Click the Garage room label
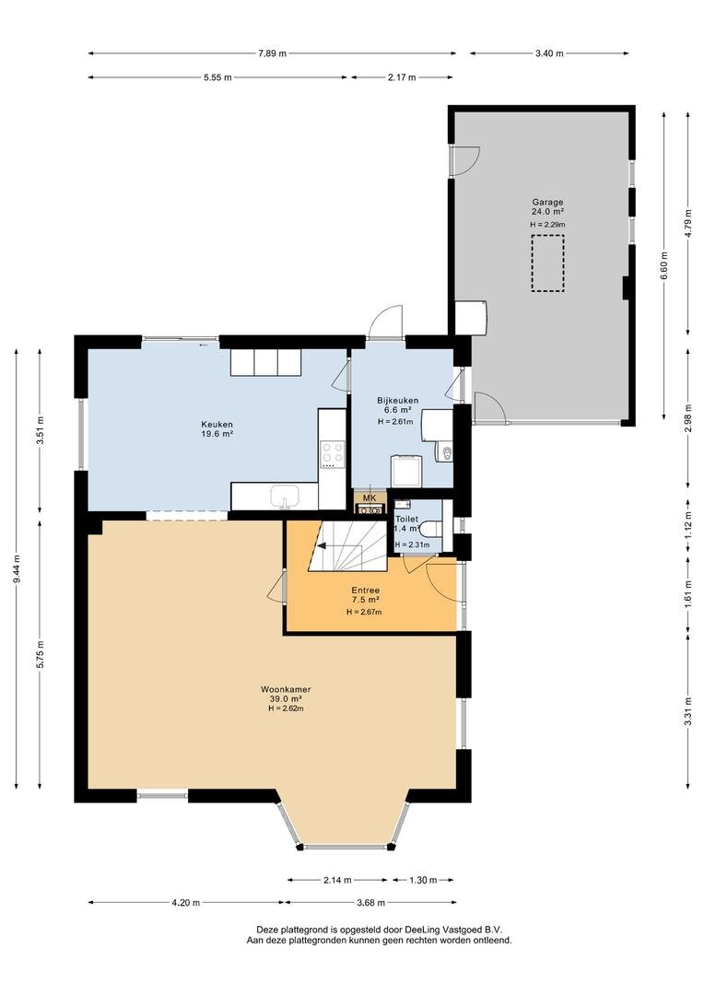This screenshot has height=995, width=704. point(547,203)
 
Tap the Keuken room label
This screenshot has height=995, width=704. point(217,425)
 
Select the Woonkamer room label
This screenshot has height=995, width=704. point(286,689)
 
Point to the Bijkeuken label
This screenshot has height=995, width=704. point(398,401)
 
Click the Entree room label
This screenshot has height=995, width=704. point(366,591)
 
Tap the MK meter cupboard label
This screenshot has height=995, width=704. point(370,497)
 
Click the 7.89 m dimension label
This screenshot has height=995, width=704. point(272,53)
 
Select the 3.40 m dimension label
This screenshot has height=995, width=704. point(549,53)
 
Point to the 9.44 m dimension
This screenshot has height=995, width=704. point(17,568)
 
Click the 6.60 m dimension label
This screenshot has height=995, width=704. point(664,266)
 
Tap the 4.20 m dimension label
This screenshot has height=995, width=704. point(185,902)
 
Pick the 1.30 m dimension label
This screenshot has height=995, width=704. point(423,880)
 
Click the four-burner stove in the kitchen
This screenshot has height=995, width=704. point(332,454)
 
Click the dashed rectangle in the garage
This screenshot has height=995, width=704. point(548,263)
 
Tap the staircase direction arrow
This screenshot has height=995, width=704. point(330,545)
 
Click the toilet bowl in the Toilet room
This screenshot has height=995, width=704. point(433,527)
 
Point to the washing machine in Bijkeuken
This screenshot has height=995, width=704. point(405,470)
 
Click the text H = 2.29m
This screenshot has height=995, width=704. point(548,224)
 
